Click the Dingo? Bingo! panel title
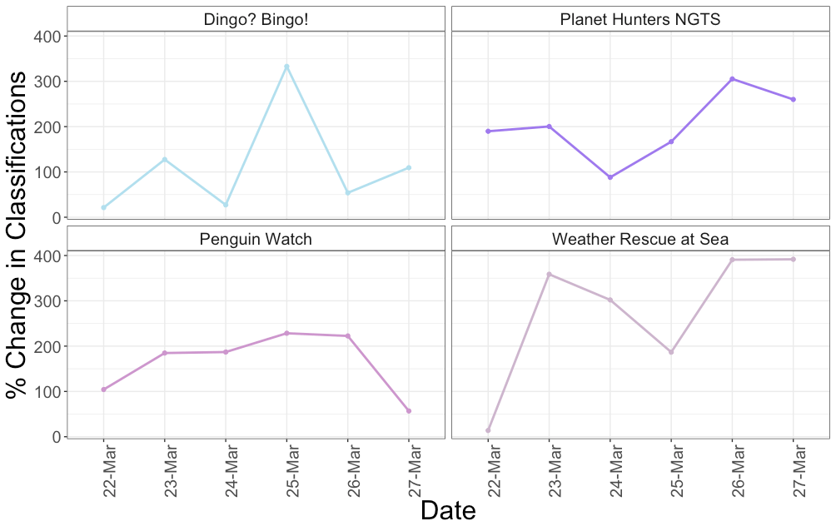click(256, 19)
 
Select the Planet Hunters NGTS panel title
click(640, 19)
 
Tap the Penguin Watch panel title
click(256, 240)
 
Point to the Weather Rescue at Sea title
click(640, 240)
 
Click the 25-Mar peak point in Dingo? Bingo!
click(286, 67)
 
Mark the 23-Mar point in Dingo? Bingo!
click(165, 159)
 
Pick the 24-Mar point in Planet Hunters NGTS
click(610, 177)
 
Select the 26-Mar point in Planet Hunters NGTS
click(732, 79)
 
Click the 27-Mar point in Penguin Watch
click(409, 411)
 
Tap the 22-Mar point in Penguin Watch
click(103, 390)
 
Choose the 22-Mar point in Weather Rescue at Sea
click(488, 430)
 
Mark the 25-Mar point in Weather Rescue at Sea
click(671, 352)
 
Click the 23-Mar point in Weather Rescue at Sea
click(549, 274)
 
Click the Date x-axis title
click(448, 510)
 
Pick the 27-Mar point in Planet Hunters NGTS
click(794, 100)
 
